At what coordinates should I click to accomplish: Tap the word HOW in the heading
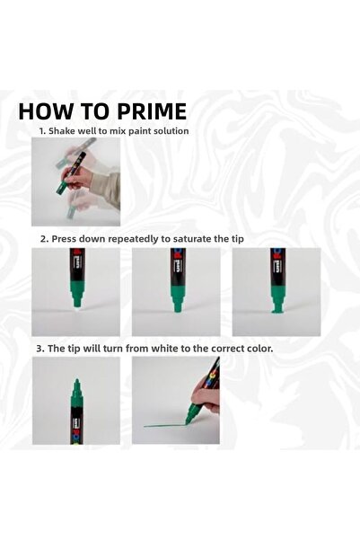[46, 112]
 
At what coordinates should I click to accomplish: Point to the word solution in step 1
[168, 131]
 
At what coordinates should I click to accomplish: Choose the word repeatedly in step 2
[129, 239]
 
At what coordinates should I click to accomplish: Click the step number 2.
[41, 239]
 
